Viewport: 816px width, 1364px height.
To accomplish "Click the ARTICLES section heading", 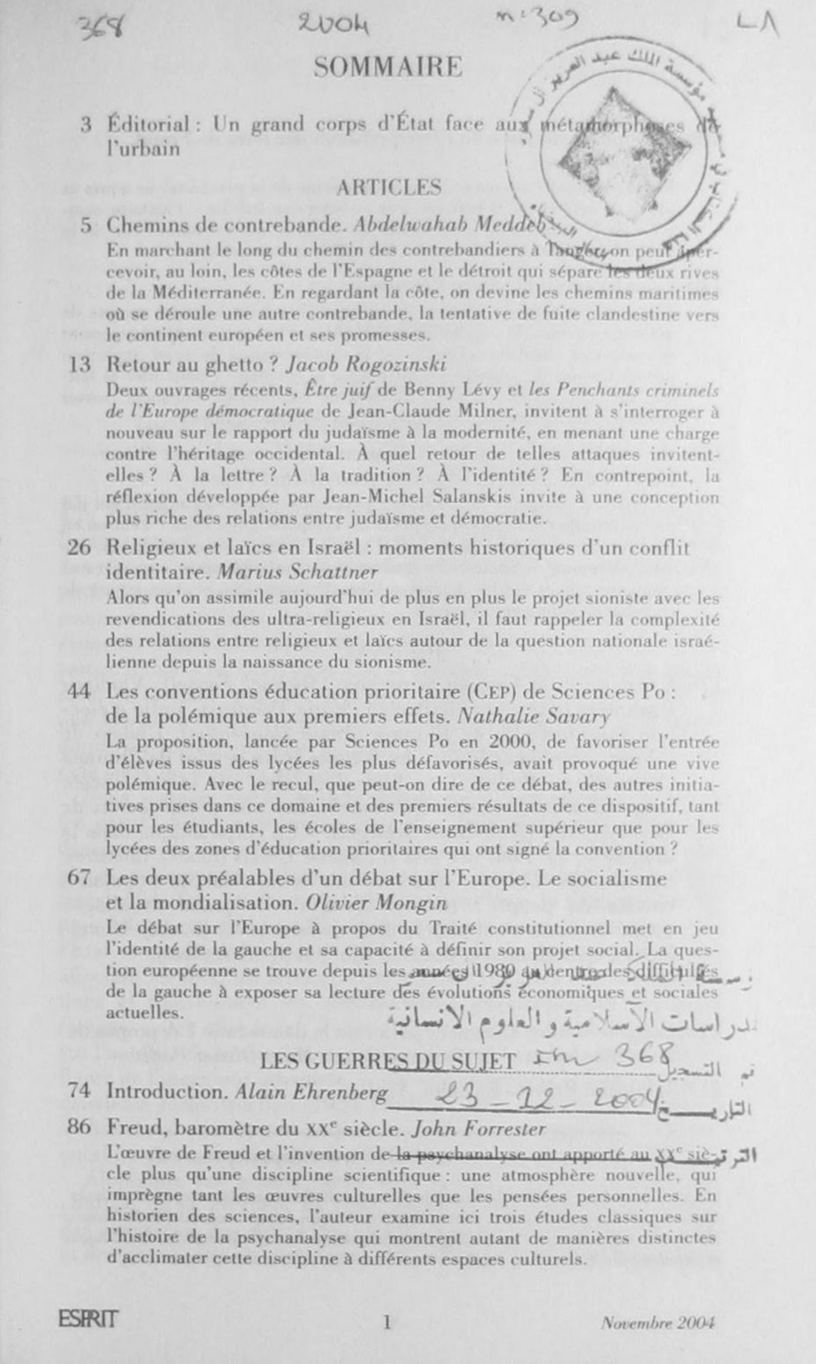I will pos(389,187).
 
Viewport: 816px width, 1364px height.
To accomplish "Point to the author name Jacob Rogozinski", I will pos(366,364).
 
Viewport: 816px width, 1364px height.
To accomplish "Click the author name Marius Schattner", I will pos(297,572).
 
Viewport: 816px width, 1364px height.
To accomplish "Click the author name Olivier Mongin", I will pos(376,903).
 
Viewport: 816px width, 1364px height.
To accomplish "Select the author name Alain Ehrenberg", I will pos(311,1091).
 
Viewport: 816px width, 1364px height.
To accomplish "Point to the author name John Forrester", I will pos(479,1129).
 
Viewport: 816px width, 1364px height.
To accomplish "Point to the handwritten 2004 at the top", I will pos(334,25).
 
